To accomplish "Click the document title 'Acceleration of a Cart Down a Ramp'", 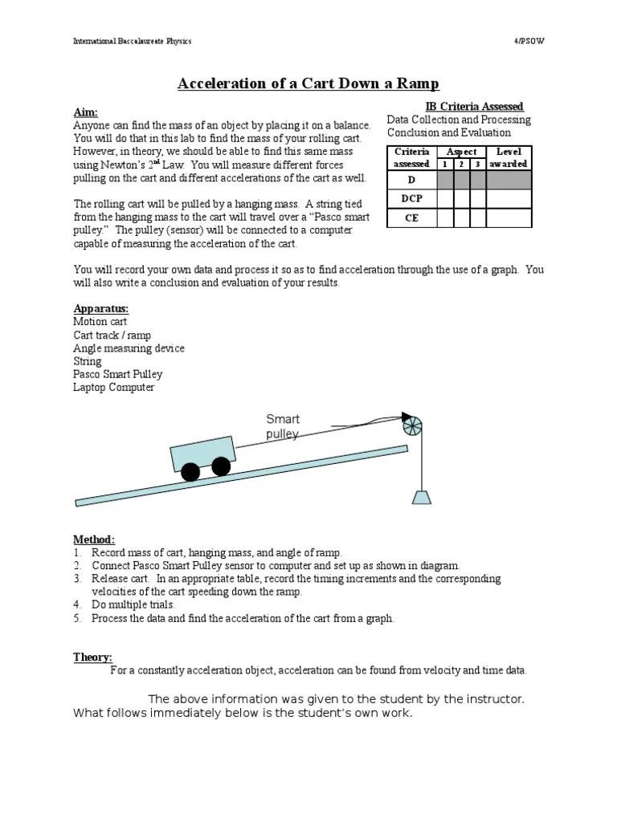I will click(x=308, y=83).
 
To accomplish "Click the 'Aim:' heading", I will click(x=85, y=113).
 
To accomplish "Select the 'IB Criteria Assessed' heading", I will click(x=473, y=106).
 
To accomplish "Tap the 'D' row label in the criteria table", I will click(x=411, y=179).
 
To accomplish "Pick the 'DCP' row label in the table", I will click(x=411, y=198).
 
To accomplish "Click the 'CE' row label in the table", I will click(x=411, y=218).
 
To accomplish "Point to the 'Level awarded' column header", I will click(x=508, y=157).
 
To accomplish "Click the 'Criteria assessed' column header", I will click(x=411, y=157).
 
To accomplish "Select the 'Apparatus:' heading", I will click(x=101, y=309).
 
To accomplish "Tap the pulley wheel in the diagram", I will click(x=411, y=425).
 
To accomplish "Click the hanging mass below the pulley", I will click(x=421, y=495).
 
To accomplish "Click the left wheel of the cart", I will click(x=190, y=472).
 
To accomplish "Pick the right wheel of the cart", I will click(x=221, y=466).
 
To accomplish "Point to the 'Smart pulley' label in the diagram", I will click(x=283, y=426).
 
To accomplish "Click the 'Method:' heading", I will click(x=94, y=539).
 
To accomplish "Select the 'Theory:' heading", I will click(x=92, y=657).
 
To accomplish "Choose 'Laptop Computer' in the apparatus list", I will click(x=113, y=388).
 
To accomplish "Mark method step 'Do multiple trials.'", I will click(x=133, y=604).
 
